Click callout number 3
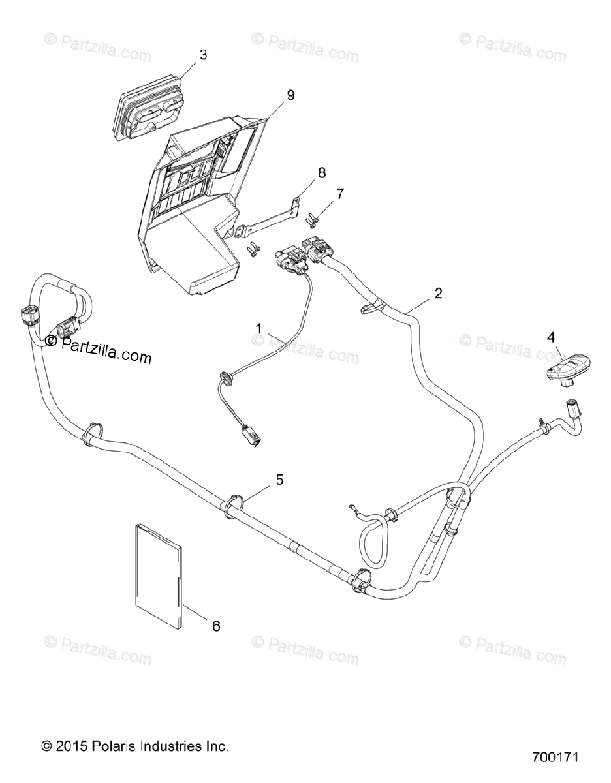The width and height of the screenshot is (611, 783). point(203,55)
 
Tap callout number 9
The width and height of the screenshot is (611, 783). point(290,95)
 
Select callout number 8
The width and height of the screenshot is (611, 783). point(321,172)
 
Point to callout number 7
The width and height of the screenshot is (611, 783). point(339,194)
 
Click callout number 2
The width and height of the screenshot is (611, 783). point(438,293)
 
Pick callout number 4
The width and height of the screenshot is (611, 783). point(550,337)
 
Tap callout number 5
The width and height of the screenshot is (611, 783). point(279,480)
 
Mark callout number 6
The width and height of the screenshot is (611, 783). point(216,626)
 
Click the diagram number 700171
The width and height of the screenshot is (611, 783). point(555,758)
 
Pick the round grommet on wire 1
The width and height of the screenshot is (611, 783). point(227,376)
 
